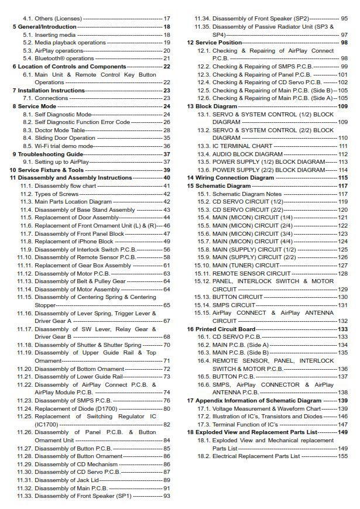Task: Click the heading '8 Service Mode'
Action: coord(35,106)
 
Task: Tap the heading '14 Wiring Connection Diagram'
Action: coord(231,177)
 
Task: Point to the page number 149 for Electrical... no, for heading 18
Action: coord(342,432)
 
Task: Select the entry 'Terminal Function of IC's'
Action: coord(246,424)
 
